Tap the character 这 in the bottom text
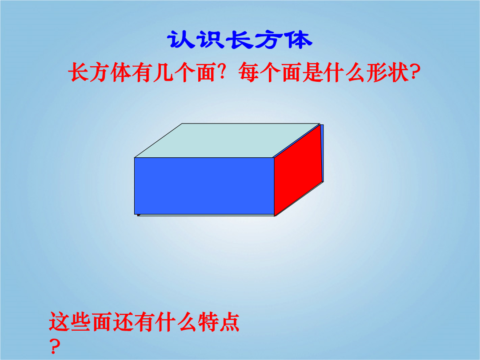click(59, 322)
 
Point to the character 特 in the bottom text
click(208, 322)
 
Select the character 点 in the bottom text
click(229, 322)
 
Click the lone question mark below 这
click(55, 346)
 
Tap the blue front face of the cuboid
click(204, 186)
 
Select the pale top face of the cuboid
click(227, 140)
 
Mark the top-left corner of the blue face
click(135, 158)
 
